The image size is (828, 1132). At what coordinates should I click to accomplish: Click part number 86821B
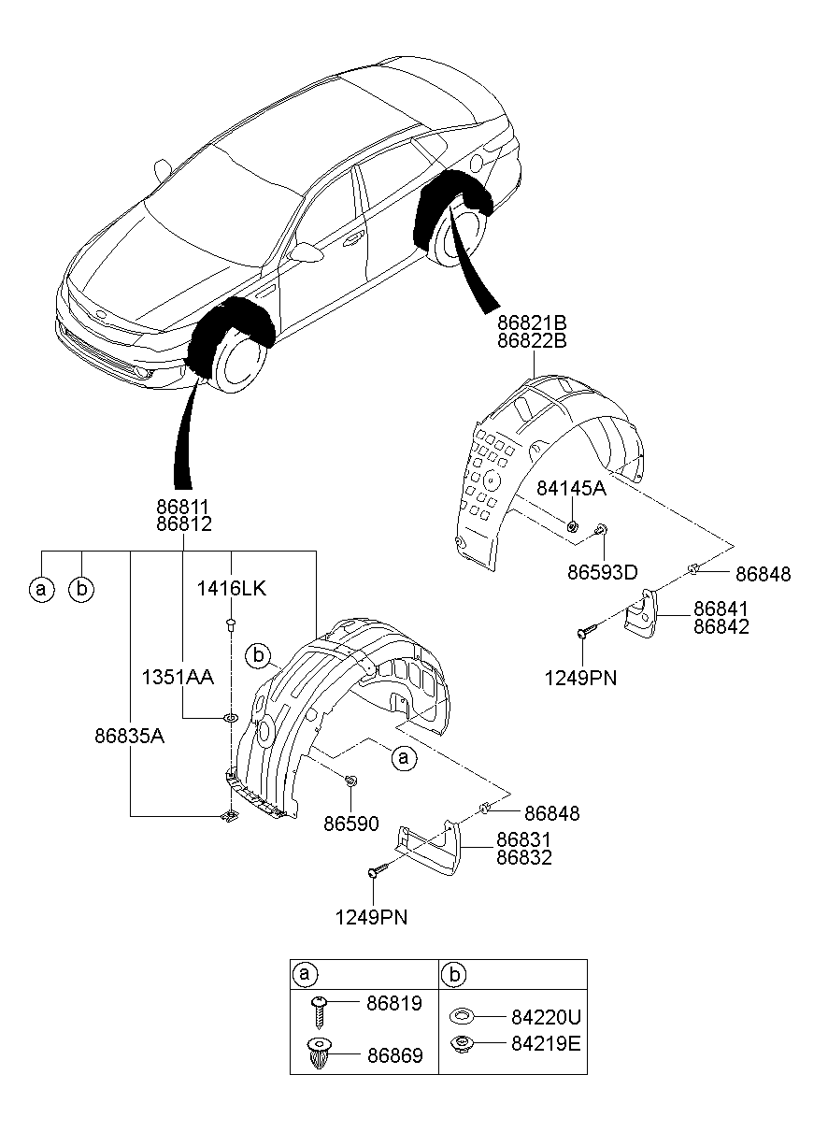coord(532,322)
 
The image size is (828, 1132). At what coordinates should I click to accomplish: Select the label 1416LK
coord(231,589)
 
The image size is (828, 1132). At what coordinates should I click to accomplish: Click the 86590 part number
coord(350,824)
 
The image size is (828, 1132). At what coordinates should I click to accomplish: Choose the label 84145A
coord(571,488)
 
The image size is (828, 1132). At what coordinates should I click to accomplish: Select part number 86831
coord(523,839)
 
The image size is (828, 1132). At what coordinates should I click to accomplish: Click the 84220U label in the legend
coord(545,1016)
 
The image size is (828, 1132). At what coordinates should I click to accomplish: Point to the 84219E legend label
coord(545,1042)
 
